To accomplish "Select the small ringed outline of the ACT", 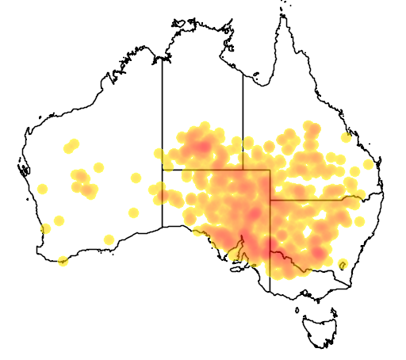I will tap(343, 264).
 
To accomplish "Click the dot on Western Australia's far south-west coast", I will tap(45, 229).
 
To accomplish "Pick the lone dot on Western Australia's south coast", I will tap(109, 239).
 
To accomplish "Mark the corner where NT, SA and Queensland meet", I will tap(243, 170).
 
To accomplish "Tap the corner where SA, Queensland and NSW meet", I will tap(270, 200).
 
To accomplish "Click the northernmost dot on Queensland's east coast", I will tap(346, 137).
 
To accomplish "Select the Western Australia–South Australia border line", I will tap(163, 198).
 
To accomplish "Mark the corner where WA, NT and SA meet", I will tap(163, 170).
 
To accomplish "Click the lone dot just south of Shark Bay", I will tap(42, 189).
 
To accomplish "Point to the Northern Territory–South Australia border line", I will tap(202, 170).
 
